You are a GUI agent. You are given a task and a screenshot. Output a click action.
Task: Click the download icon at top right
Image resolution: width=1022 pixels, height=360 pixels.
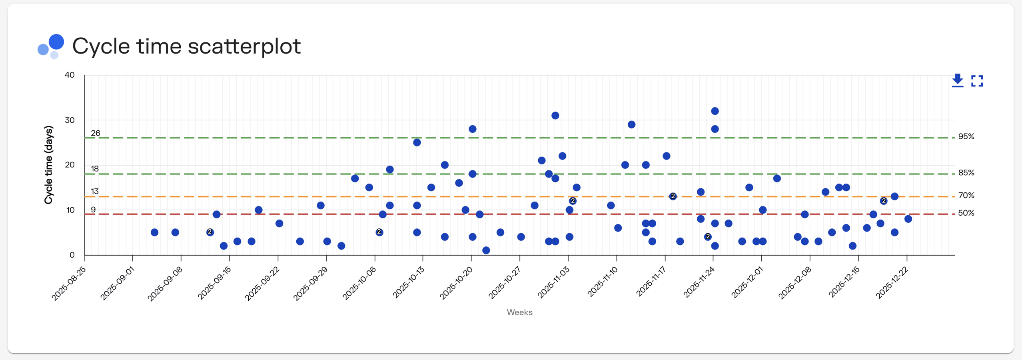(957, 80)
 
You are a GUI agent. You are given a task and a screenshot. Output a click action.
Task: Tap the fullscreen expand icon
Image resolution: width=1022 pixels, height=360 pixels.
(977, 81)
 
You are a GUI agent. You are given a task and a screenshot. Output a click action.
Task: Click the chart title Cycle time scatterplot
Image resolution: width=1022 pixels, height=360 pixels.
(186, 46)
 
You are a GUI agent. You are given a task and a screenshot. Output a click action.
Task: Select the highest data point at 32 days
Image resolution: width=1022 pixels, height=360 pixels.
(715, 111)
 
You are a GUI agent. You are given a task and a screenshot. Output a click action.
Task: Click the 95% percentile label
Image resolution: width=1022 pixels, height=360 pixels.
(966, 136)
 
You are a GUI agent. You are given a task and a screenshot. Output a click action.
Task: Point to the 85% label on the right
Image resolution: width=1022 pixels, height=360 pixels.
(966, 173)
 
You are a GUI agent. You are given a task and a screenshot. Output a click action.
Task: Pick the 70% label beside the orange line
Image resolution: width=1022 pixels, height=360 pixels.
(966, 195)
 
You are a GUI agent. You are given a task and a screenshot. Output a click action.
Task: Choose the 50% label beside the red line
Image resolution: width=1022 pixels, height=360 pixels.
(966, 213)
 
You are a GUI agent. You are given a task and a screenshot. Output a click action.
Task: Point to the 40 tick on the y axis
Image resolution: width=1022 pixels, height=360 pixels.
(70, 75)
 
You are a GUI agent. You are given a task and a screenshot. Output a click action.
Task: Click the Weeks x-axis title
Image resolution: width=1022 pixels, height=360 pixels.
(519, 312)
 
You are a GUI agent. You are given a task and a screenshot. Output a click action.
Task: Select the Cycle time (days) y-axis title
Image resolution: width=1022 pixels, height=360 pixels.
(48, 165)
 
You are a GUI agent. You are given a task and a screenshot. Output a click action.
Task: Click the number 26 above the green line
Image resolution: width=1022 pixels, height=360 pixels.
(95, 133)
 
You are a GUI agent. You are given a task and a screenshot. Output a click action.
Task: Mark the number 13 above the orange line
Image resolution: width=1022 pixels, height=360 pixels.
(94, 191)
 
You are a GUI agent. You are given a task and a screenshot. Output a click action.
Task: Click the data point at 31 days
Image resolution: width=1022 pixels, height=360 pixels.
(555, 116)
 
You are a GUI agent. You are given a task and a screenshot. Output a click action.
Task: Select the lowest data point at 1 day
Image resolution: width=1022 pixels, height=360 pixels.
(486, 250)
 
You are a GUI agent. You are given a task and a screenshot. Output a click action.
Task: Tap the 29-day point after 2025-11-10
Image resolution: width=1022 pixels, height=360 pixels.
(631, 124)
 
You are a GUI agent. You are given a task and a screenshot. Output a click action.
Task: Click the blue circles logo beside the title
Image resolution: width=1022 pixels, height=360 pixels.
(51, 46)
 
